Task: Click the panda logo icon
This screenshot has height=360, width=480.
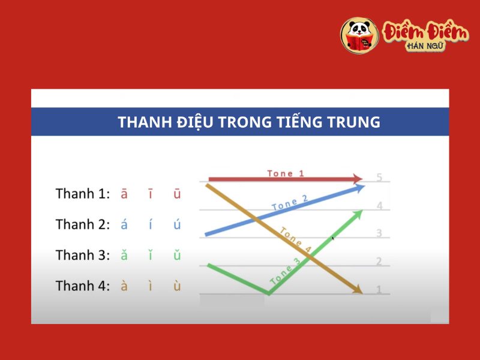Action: click(x=359, y=35)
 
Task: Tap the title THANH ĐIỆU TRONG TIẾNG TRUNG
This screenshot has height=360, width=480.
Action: click(x=249, y=122)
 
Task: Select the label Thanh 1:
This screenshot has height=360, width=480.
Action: click(x=83, y=194)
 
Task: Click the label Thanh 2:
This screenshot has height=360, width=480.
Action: click(x=83, y=224)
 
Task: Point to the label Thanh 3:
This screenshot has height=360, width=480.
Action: click(x=83, y=255)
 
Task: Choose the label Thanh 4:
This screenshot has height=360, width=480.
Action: click(x=83, y=286)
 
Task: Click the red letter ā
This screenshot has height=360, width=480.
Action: click(x=124, y=194)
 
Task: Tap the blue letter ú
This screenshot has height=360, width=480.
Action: click(x=177, y=225)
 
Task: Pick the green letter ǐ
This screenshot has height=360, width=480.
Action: click(x=150, y=256)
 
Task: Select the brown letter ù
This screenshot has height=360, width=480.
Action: click(x=177, y=286)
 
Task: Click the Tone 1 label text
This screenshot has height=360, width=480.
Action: click(x=286, y=173)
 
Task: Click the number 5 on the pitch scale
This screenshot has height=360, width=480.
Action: click(x=379, y=178)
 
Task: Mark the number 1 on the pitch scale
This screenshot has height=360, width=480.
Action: click(x=379, y=290)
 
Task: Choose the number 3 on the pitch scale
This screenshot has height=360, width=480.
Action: click(x=379, y=233)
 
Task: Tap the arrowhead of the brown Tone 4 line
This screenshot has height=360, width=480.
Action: click(x=358, y=290)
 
